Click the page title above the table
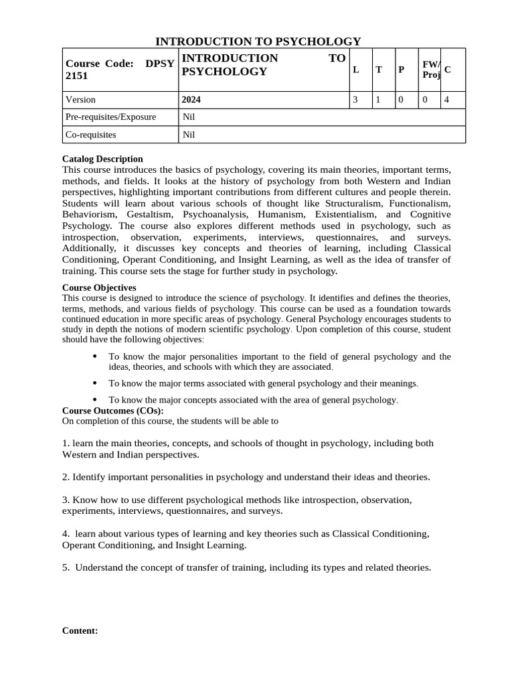click(258, 42)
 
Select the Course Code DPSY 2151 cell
click(120, 70)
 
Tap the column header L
click(356, 70)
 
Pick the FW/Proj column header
click(430, 70)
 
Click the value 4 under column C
click(446, 100)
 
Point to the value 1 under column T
click(378, 100)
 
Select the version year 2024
click(191, 100)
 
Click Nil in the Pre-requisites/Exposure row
click(189, 117)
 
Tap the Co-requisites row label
click(90, 135)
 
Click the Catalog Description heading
click(102, 159)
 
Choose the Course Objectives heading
click(99, 287)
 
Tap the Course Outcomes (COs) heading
click(112, 411)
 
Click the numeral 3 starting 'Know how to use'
click(65, 500)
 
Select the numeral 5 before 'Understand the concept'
click(65, 567)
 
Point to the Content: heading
click(80, 630)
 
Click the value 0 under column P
click(400, 100)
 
